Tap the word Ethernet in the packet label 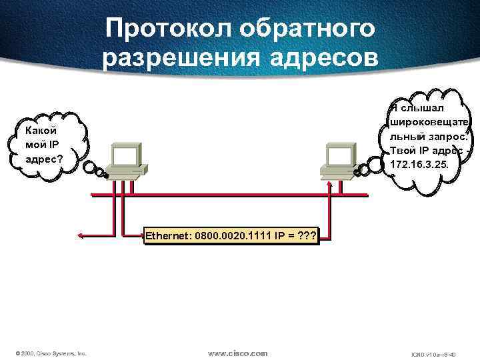[167, 235]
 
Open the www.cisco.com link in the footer [237, 353]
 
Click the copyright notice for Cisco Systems [51, 353]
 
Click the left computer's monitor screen [125, 155]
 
